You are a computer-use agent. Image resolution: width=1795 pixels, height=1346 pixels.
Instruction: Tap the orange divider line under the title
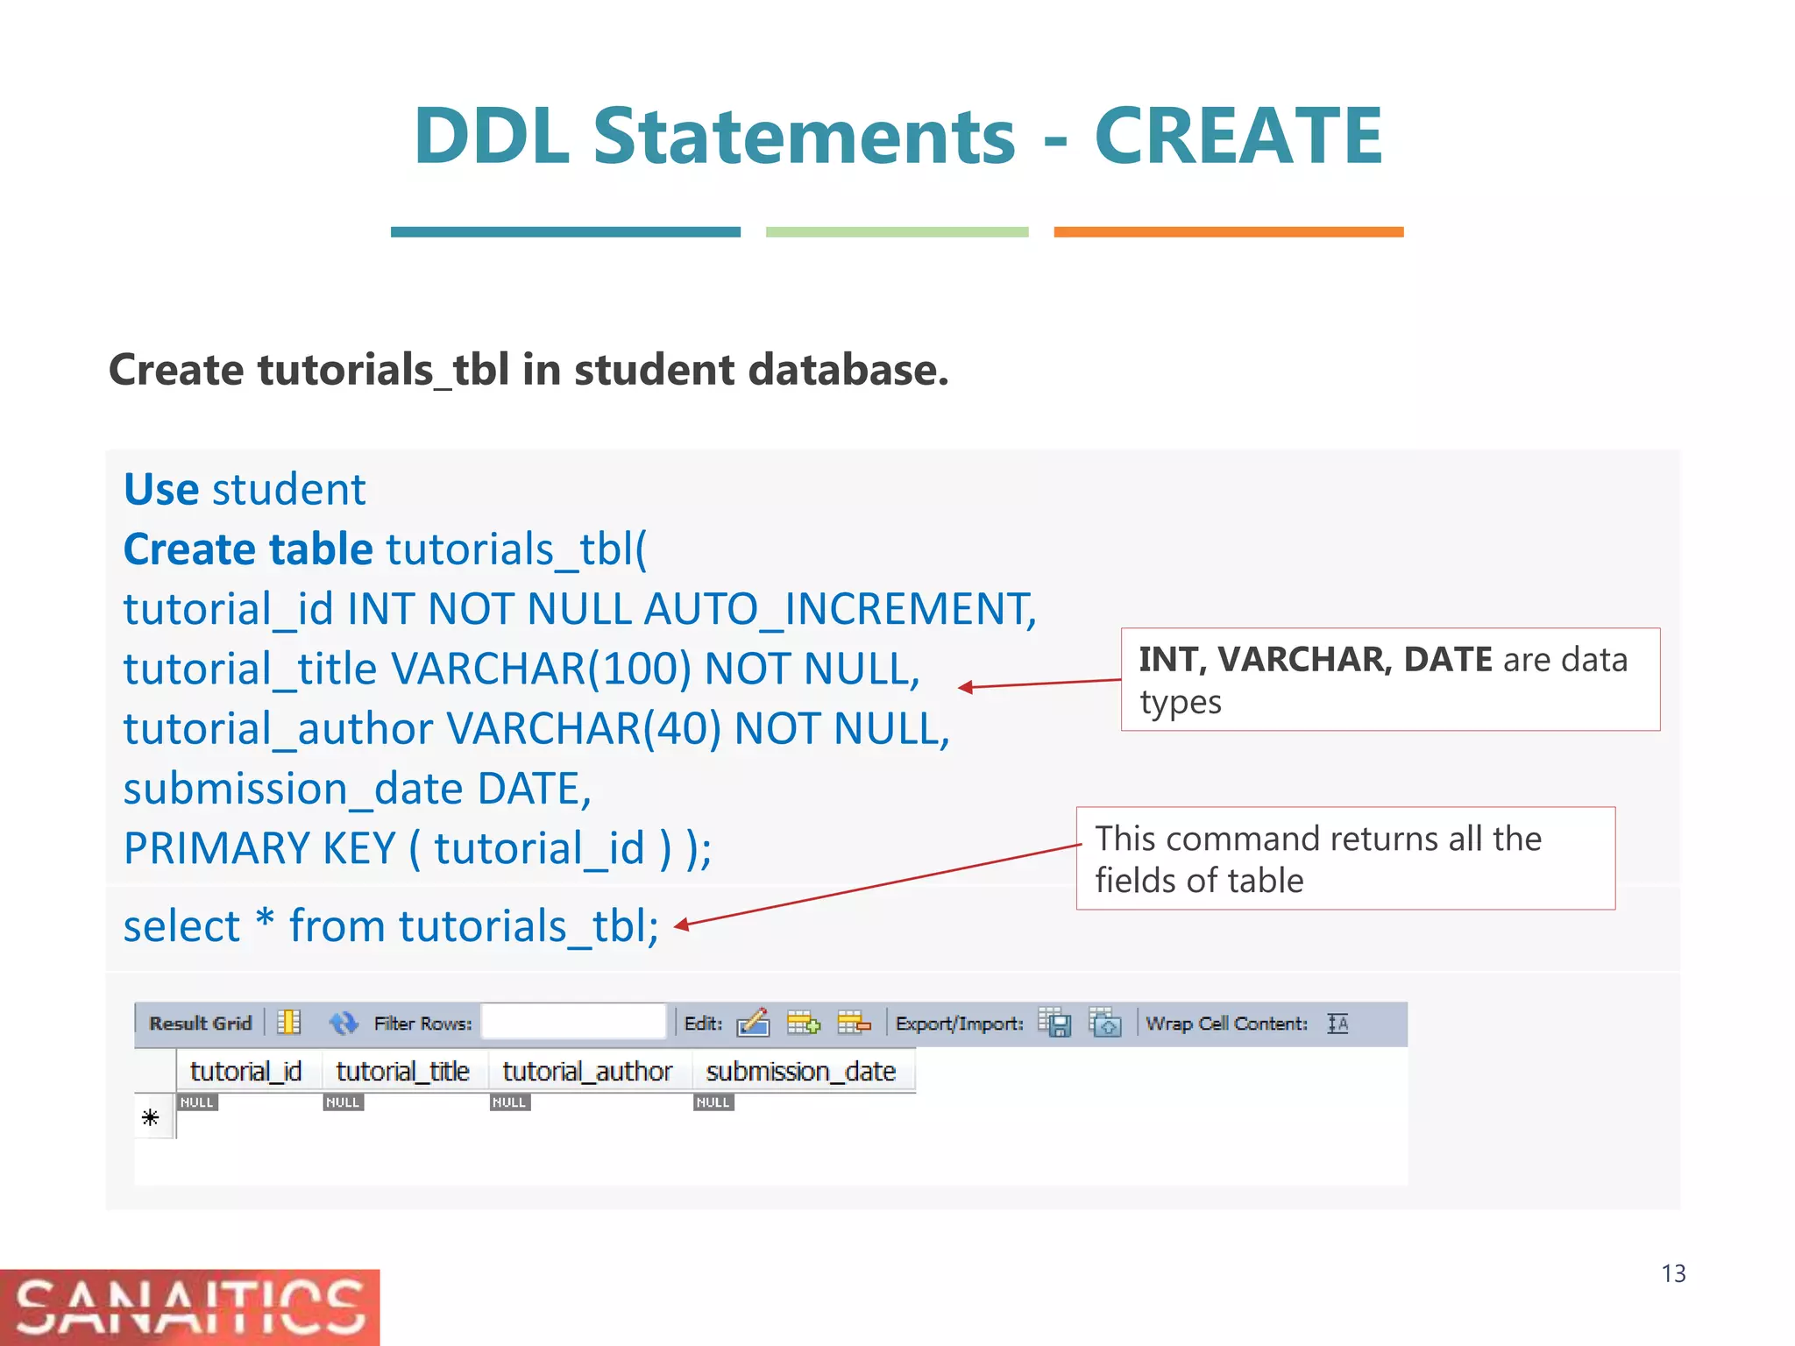(x=1228, y=232)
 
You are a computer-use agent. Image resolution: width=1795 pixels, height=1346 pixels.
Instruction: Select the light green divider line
(x=897, y=232)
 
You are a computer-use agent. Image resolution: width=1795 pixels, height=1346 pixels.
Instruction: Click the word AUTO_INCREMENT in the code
(x=839, y=609)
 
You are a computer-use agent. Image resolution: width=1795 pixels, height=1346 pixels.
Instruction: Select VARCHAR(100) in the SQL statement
(x=541, y=669)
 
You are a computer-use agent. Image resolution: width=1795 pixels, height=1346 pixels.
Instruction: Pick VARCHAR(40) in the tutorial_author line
(x=584, y=729)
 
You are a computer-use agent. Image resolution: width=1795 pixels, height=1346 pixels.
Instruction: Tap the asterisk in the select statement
(x=265, y=923)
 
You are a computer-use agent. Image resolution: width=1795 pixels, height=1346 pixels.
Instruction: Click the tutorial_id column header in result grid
(x=245, y=1072)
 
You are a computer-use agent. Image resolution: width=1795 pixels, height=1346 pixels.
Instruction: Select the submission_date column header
(x=800, y=1072)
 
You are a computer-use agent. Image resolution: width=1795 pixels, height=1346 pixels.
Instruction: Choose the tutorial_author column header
(x=587, y=1072)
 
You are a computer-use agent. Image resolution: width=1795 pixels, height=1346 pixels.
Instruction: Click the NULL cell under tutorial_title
(x=343, y=1102)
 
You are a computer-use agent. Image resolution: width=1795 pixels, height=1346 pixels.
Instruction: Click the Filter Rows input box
(x=574, y=1022)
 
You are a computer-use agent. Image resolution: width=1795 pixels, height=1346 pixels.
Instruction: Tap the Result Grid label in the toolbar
(x=200, y=1024)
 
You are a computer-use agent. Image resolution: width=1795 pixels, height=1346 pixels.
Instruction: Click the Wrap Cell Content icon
(x=1337, y=1024)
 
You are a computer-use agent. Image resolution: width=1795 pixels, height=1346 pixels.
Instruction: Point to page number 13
(x=1673, y=1273)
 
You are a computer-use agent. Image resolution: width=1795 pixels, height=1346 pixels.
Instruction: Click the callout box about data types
(x=1390, y=679)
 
